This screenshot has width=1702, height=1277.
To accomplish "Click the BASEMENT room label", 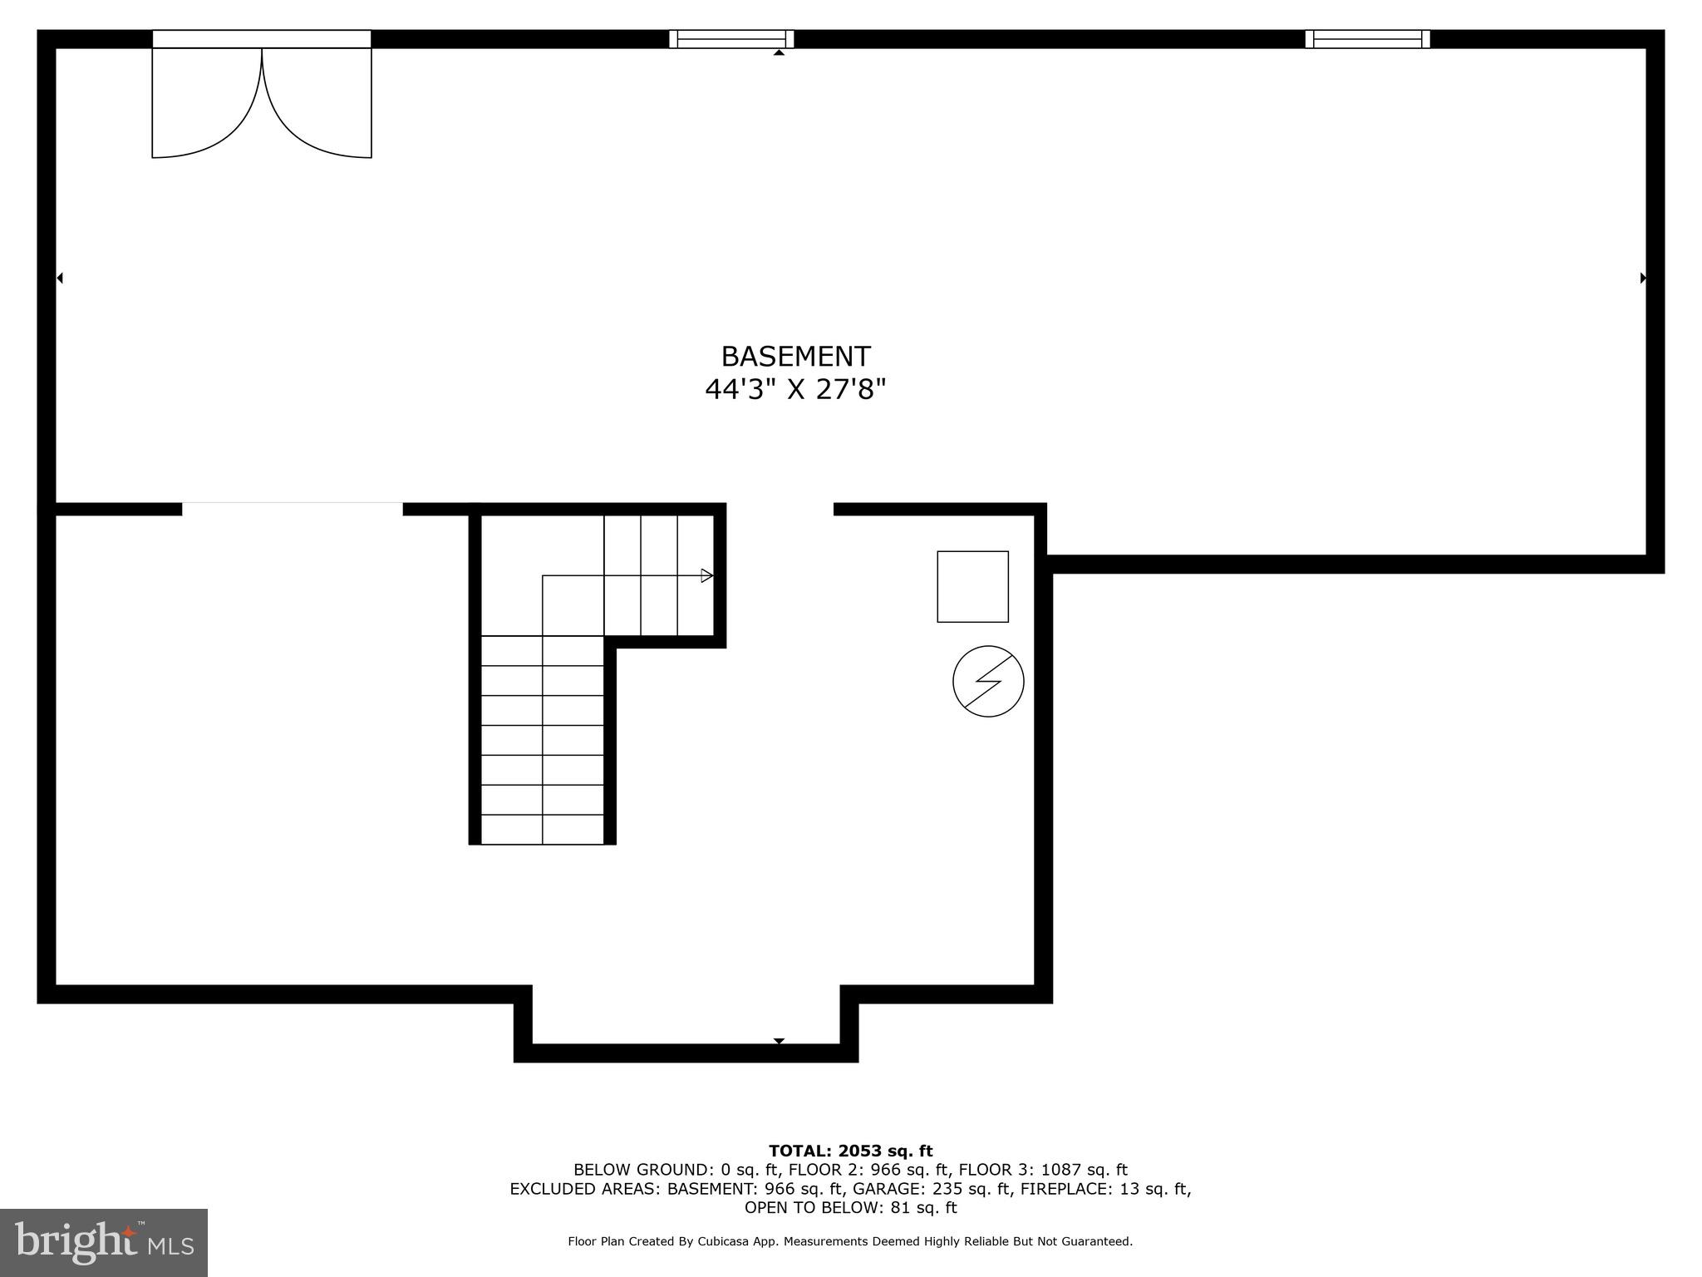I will pyautogui.click(x=795, y=357).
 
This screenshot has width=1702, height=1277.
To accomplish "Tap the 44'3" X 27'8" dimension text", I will pyautogui.click(x=795, y=389).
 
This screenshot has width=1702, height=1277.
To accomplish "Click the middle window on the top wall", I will pyautogui.click(x=731, y=38).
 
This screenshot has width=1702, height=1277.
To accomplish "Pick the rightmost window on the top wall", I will pyautogui.click(x=1367, y=38).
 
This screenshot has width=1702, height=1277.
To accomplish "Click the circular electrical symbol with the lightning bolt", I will pyautogui.click(x=988, y=681).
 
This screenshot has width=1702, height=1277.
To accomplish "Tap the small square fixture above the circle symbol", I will pyautogui.click(x=972, y=586).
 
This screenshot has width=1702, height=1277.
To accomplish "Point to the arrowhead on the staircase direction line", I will pyautogui.click(x=707, y=575).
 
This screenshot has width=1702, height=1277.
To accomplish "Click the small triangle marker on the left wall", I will pyautogui.click(x=60, y=278).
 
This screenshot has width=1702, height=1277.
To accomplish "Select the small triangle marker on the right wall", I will pyautogui.click(x=1643, y=278).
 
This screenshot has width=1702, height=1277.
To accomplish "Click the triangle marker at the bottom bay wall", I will pyautogui.click(x=779, y=1041).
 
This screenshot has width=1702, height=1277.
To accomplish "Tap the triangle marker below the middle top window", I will pyautogui.click(x=779, y=52).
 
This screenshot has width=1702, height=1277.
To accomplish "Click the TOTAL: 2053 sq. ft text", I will pyautogui.click(x=850, y=1151).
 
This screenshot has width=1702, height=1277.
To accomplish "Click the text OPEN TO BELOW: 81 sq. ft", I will pyautogui.click(x=850, y=1207).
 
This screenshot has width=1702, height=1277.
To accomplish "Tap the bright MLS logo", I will pyautogui.click(x=104, y=1242).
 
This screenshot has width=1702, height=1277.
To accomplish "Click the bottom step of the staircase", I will pyautogui.click(x=543, y=830).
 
